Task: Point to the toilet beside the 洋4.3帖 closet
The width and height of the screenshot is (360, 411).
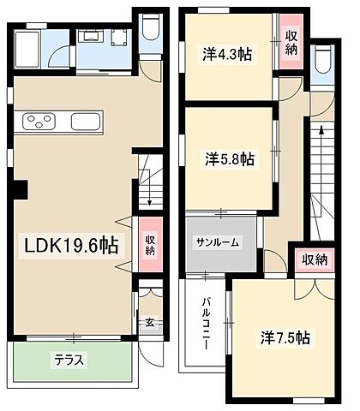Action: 323,62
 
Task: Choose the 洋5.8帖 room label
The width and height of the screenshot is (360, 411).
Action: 230,158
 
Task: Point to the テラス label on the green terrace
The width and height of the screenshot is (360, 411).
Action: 70,360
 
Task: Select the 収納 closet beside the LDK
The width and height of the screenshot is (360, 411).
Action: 150,245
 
